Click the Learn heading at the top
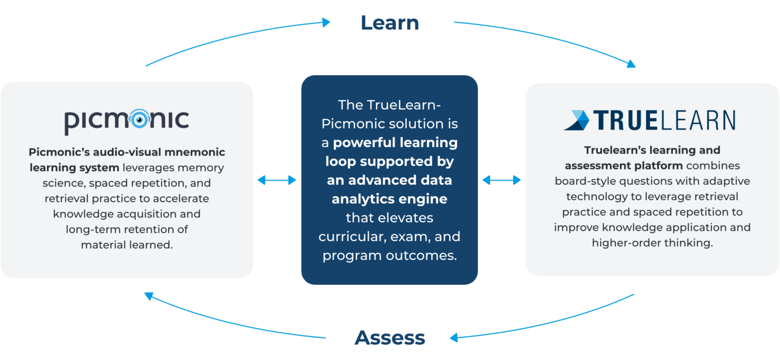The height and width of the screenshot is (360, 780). click(x=389, y=23)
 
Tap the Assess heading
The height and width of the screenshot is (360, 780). click(x=389, y=338)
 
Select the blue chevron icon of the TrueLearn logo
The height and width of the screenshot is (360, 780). click(x=576, y=120)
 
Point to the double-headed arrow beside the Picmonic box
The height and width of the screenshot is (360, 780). click(x=277, y=180)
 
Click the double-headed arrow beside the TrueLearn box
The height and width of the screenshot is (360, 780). click(x=501, y=180)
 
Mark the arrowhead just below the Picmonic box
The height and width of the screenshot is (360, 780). click(x=148, y=296)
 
